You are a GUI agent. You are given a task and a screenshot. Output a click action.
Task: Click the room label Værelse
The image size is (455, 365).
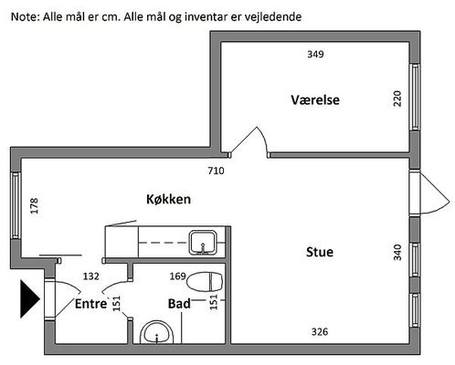(x=315, y=99)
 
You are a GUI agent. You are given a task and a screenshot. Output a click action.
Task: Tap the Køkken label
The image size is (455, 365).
(x=168, y=199)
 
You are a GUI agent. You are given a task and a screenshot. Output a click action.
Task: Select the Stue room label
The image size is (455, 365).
(x=320, y=252)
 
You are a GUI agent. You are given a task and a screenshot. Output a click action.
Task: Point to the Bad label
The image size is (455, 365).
(x=179, y=304)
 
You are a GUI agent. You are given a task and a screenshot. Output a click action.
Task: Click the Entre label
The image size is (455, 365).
(x=91, y=304)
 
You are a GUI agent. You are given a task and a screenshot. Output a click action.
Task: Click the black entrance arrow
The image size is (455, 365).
(x=30, y=299)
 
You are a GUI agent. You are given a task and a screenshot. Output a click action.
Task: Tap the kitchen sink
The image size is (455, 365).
(x=203, y=243)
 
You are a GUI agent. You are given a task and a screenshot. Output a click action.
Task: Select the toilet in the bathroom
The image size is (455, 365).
(x=205, y=282)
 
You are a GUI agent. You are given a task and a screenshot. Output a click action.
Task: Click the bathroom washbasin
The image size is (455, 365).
(x=157, y=332)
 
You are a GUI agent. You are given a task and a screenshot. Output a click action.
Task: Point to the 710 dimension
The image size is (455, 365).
(x=216, y=171)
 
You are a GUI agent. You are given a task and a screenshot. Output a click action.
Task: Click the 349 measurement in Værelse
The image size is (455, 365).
(x=315, y=54)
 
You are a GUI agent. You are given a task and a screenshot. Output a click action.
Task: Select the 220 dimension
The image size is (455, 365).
(x=397, y=99)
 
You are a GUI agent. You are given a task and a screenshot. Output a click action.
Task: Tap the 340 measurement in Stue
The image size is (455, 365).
(x=397, y=252)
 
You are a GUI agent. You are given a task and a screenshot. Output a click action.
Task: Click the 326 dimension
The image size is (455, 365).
(x=320, y=331)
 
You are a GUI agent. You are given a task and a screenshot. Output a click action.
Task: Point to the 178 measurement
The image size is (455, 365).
(x=35, y=205)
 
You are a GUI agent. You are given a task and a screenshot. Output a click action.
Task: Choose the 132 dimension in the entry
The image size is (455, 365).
(x=91, y=276)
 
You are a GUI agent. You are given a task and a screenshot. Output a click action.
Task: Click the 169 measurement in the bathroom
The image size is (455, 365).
(x=178, y=276)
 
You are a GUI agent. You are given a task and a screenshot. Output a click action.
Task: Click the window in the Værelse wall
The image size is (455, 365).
(x=415, y=97)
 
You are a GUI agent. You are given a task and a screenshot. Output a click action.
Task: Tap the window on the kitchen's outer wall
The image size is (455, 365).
(x=16, y=205)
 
